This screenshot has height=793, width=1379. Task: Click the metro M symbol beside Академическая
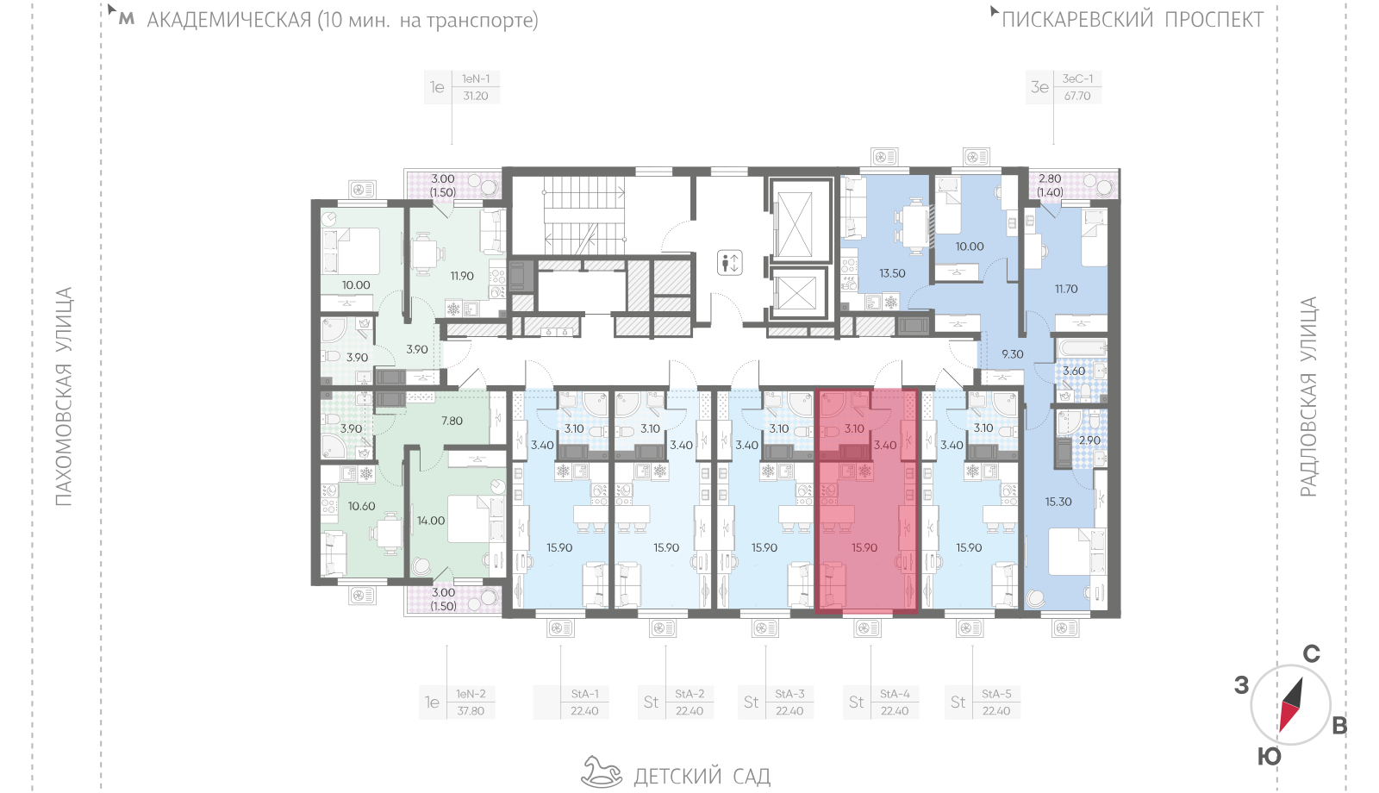pyautogui.click(x=126, y=19)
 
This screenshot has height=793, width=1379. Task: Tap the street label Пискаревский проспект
pyautogui.click(x=1133, y=20)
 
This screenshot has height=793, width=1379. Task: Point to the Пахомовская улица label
pyautogui.click(x=64, y=396)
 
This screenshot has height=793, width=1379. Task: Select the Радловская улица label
pyautogui.click(x=1309, y=396)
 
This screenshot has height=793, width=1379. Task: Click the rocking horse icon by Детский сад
pyautogui.click(x=602, y=772)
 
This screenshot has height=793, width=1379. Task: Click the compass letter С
pyautogui.click(x=1311, y=654)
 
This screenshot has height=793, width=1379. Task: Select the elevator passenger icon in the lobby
pyautogui.click(x=729, y=263)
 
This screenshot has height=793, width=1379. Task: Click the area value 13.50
pyautogui.click(x=892, y=273)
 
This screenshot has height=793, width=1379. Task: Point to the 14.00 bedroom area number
pyautogui.click(x=430, y=521)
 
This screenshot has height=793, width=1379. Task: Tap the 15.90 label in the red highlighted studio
pyautogui.click(x=864, y=547)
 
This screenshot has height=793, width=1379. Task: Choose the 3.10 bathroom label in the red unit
pyautogui.click(x=854, y=428)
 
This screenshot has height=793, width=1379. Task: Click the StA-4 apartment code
pyautogui.click(x=895, y=694)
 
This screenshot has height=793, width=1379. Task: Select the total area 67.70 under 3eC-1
pyautogui.click(x=1077, y=96)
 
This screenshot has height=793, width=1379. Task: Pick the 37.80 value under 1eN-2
pyautogui.click(x=471, y=711)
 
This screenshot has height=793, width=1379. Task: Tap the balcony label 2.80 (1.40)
pyautogui.click(x=1050, y=185)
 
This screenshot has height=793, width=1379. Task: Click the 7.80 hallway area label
pyautogui.click(x=452, y=421)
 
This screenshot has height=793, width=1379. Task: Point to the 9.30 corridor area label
pyautogui.click(x=1012, y=354)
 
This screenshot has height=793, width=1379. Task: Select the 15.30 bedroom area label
pyautogui.click(x=1058, y=502)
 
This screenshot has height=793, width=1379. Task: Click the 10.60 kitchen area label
pyautogui.click(x=361, y=506)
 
